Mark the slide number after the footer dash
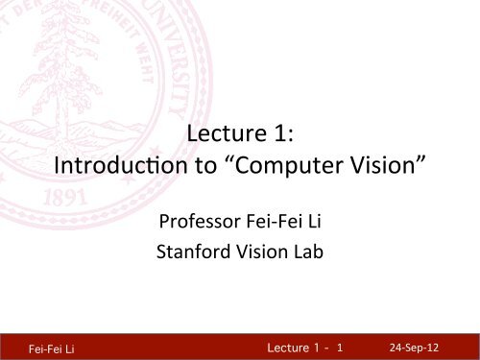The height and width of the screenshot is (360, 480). pos(341,342)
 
